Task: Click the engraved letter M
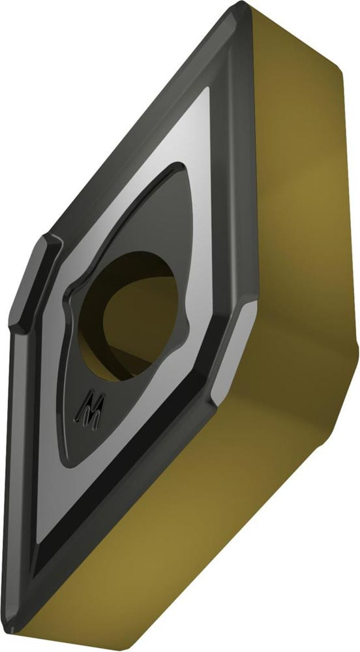[x=90, y=408]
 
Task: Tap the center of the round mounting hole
[x=128, y=316]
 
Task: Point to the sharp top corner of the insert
[x=241, y=3]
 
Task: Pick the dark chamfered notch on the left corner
[x=33, y=284]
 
